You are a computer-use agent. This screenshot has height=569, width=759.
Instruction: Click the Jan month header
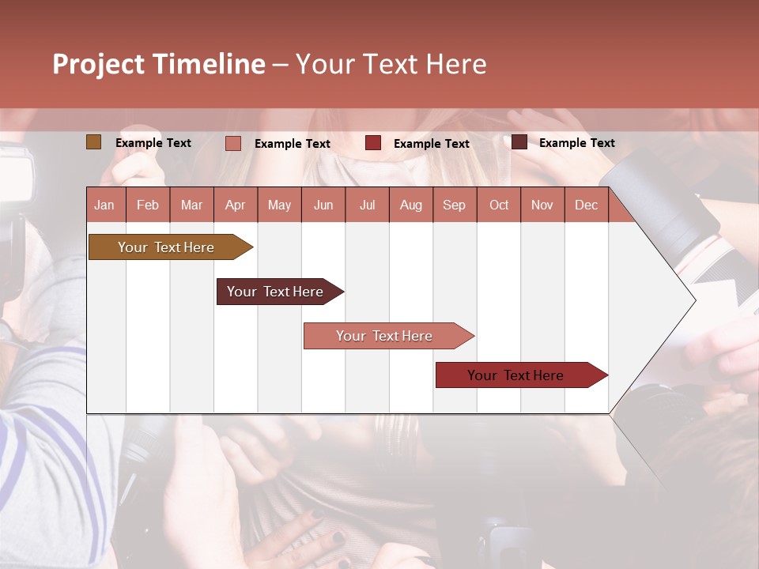[x=104, y=205]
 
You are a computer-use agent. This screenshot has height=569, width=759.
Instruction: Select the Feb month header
[x=148, y=205]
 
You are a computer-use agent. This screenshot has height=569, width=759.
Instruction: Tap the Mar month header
[x=191, y=205]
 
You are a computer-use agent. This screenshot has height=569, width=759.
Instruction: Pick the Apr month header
[x=235, y=205]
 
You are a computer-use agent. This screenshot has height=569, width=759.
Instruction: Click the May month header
[x=279, y=205]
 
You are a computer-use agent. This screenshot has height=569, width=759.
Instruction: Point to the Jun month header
[x=323, y=205]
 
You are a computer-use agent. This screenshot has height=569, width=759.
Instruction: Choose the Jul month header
[x=367, y=205]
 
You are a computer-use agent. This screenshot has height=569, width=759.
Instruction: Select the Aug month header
[x=410, y=205]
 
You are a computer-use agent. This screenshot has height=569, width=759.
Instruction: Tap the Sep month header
[x=454, y=205]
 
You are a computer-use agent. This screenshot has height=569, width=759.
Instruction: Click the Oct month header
[x=499, y=205]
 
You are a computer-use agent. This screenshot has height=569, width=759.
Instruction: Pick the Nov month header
[x=542, y=205]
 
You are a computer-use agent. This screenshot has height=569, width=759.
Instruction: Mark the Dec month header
[x=586, y=205]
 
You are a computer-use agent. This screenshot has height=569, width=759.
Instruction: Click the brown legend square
[x=93, y=142]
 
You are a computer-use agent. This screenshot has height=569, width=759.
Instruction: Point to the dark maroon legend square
[x=519, y=142]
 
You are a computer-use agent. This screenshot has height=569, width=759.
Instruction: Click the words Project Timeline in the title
[x=159, y=64]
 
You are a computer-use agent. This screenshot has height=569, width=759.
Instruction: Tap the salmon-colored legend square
[x=233, y=143]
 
